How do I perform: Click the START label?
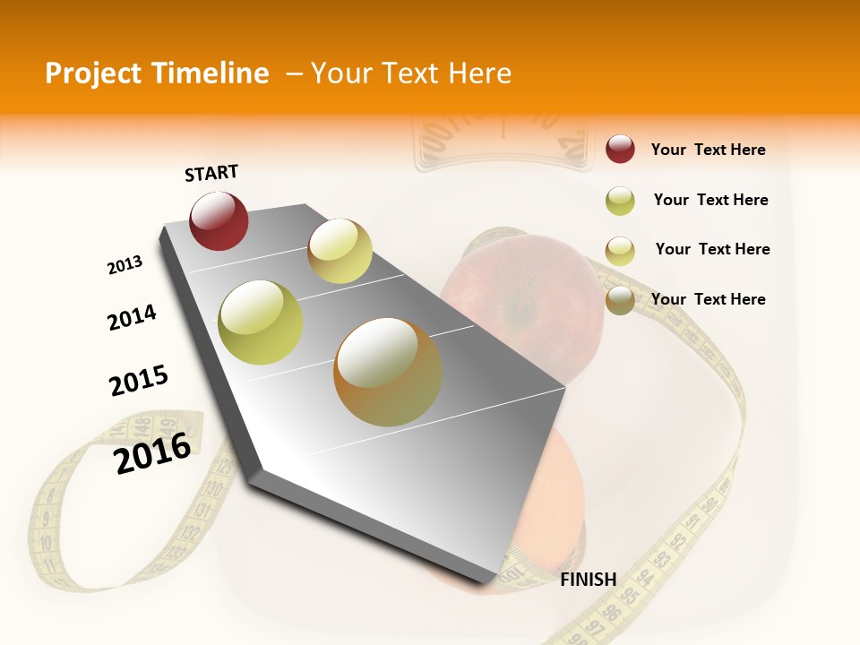click(211, 173)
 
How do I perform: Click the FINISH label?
click(588, 580)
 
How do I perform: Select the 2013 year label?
click(125, 265)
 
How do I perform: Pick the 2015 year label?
click(139, 381)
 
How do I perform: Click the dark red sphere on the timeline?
click(219, 220)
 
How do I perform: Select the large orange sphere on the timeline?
click(388, 372)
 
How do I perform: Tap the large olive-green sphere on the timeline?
click(261, 322)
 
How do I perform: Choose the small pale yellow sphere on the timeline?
click(340, 251)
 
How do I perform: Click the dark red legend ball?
click(620, 149)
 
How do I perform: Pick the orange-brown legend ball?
click(620, 300)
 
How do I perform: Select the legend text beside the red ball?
click(708, 150)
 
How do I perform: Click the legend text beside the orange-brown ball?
click(708, 299)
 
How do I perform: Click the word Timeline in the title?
click(211, 73)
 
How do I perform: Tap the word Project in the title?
click(94, 73)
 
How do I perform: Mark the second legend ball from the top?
click(620, 201)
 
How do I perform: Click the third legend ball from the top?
click(620, 250)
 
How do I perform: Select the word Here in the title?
click(479, 73)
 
